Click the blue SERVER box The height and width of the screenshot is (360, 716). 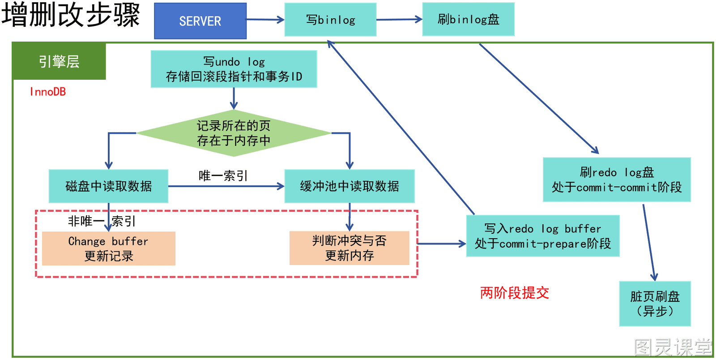coord(200,21)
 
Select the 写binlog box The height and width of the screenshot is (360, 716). coord(330,20)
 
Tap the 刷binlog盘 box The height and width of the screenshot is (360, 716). coord(468,19)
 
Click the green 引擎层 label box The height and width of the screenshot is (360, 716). coord(59,61)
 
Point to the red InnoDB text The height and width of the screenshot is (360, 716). coord(47,92)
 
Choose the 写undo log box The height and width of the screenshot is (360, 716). coord(234,69)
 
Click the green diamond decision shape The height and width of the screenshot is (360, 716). coord(234,133)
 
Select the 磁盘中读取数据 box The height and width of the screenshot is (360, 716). coord(108,186)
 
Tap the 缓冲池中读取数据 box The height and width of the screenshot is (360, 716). coord(349,186)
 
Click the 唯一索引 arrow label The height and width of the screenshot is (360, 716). coord(223,176)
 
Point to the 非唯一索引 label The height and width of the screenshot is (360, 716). coord(102,221)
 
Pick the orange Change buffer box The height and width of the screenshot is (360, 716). coord(109,249)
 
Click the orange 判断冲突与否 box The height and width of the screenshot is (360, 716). coord(349,248)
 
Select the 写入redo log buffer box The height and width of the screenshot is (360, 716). coord(543,236)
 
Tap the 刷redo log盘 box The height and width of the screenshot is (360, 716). coord(617,180)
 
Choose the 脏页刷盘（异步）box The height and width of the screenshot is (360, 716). coord(655,304)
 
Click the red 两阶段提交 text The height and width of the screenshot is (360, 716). coord(514,292)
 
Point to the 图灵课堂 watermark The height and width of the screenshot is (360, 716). coord(673,347)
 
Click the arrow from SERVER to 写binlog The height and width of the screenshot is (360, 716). coord(265,20)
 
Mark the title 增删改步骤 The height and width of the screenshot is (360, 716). coord(71,15)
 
